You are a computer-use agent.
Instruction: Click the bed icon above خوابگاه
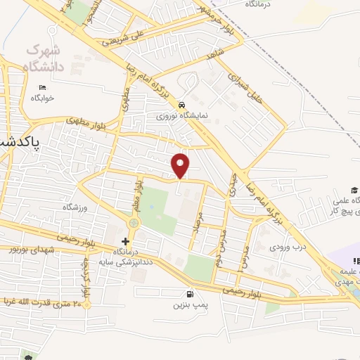click(43, 88)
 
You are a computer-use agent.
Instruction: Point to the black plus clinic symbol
click(125, 241)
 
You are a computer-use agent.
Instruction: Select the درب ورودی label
click(288, 247)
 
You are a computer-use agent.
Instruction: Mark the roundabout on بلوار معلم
click(132, 223)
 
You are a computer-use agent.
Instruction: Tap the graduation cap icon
click(356, 190)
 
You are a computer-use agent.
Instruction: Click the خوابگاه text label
click(41, 99)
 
